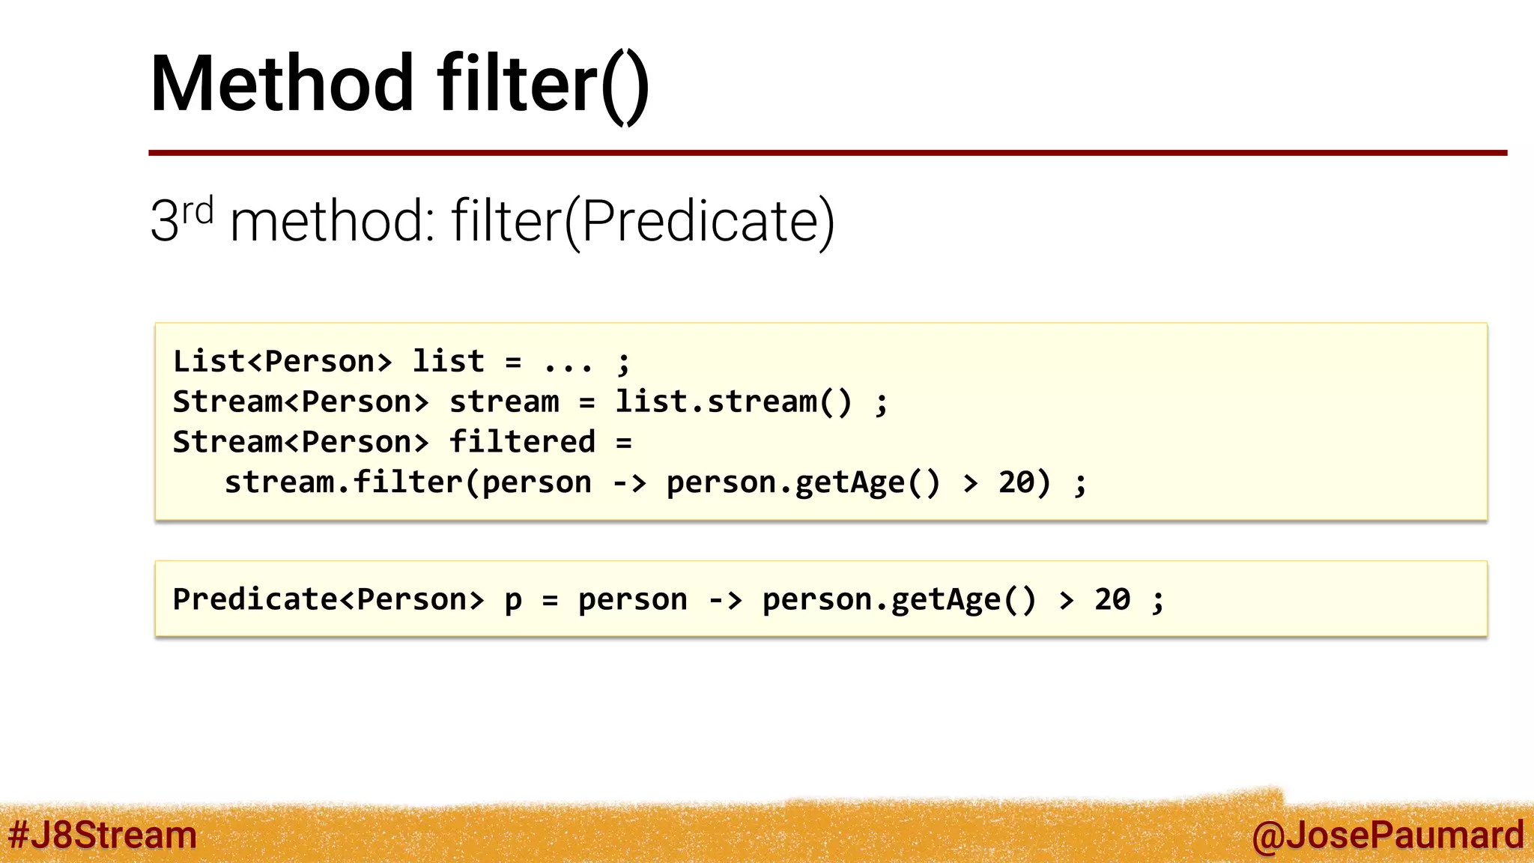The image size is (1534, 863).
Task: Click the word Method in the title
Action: click(x=282, y=84)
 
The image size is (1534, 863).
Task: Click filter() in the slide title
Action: click(x=543, y=84)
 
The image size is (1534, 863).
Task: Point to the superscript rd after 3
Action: click(x=198, y=211)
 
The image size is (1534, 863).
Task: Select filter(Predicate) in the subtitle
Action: click(x=643, y=222)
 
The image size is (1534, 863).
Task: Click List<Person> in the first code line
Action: click(x=282, y=362)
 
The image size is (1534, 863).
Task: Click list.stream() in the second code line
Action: click(x=733, y=402)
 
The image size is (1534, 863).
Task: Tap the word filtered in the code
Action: click(x=522, y=442)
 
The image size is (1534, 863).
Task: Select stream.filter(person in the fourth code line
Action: click(x=408, y=482)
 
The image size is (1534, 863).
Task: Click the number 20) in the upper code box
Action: click(x=1025, y=482)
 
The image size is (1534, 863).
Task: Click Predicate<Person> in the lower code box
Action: click(x=328, y=599)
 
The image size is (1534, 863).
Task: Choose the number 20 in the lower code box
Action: click(x=1112, y=599)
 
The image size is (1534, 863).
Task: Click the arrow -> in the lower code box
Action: click(x=725, y=600)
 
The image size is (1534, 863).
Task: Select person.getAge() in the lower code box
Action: click(x=899, y=600)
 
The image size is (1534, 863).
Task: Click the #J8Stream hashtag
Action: click(x=103, y=835)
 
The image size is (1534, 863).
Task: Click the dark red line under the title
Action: click(x=827, y=153)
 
